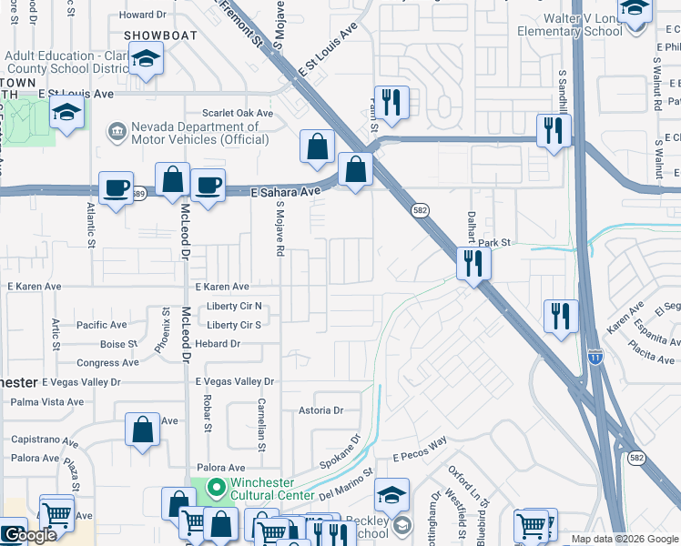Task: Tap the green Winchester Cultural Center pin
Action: coord(216,490)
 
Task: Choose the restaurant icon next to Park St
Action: coord(473,263)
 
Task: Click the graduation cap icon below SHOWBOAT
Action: coord(145,59)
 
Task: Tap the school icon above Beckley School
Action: coord(391,495)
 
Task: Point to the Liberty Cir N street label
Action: coord(234,306)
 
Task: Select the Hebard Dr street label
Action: coord(217,343)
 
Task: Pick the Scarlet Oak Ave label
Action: coord(239,113)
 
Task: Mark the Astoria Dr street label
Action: coord(320,410)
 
